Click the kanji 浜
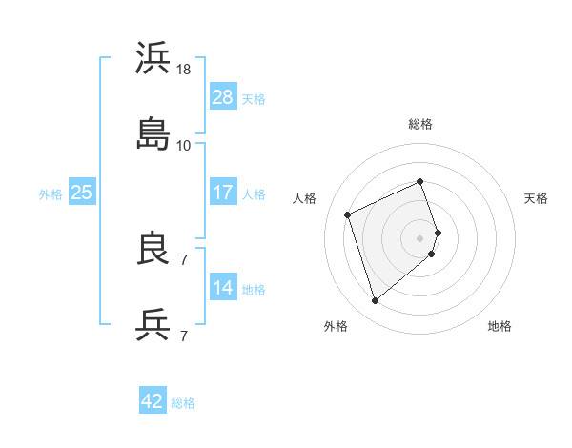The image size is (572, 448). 153,59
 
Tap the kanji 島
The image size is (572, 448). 153,133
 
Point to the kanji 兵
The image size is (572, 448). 153,324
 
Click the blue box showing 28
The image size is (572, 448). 222,97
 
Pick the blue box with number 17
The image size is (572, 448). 222,193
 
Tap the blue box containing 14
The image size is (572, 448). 222,288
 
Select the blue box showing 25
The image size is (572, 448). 81,193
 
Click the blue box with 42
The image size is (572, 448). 153,401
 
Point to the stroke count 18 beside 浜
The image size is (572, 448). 185,70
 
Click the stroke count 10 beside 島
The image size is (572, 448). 184,145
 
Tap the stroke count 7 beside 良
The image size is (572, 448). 183,259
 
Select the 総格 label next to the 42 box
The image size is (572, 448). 183,403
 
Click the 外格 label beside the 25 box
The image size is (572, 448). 51,193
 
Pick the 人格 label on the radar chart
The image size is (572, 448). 304,198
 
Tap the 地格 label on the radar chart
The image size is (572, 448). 500,327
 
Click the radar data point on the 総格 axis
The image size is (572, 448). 419,182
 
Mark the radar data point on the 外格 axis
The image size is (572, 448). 375,301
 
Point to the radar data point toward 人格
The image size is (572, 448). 349,214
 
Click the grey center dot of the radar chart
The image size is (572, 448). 419,237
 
